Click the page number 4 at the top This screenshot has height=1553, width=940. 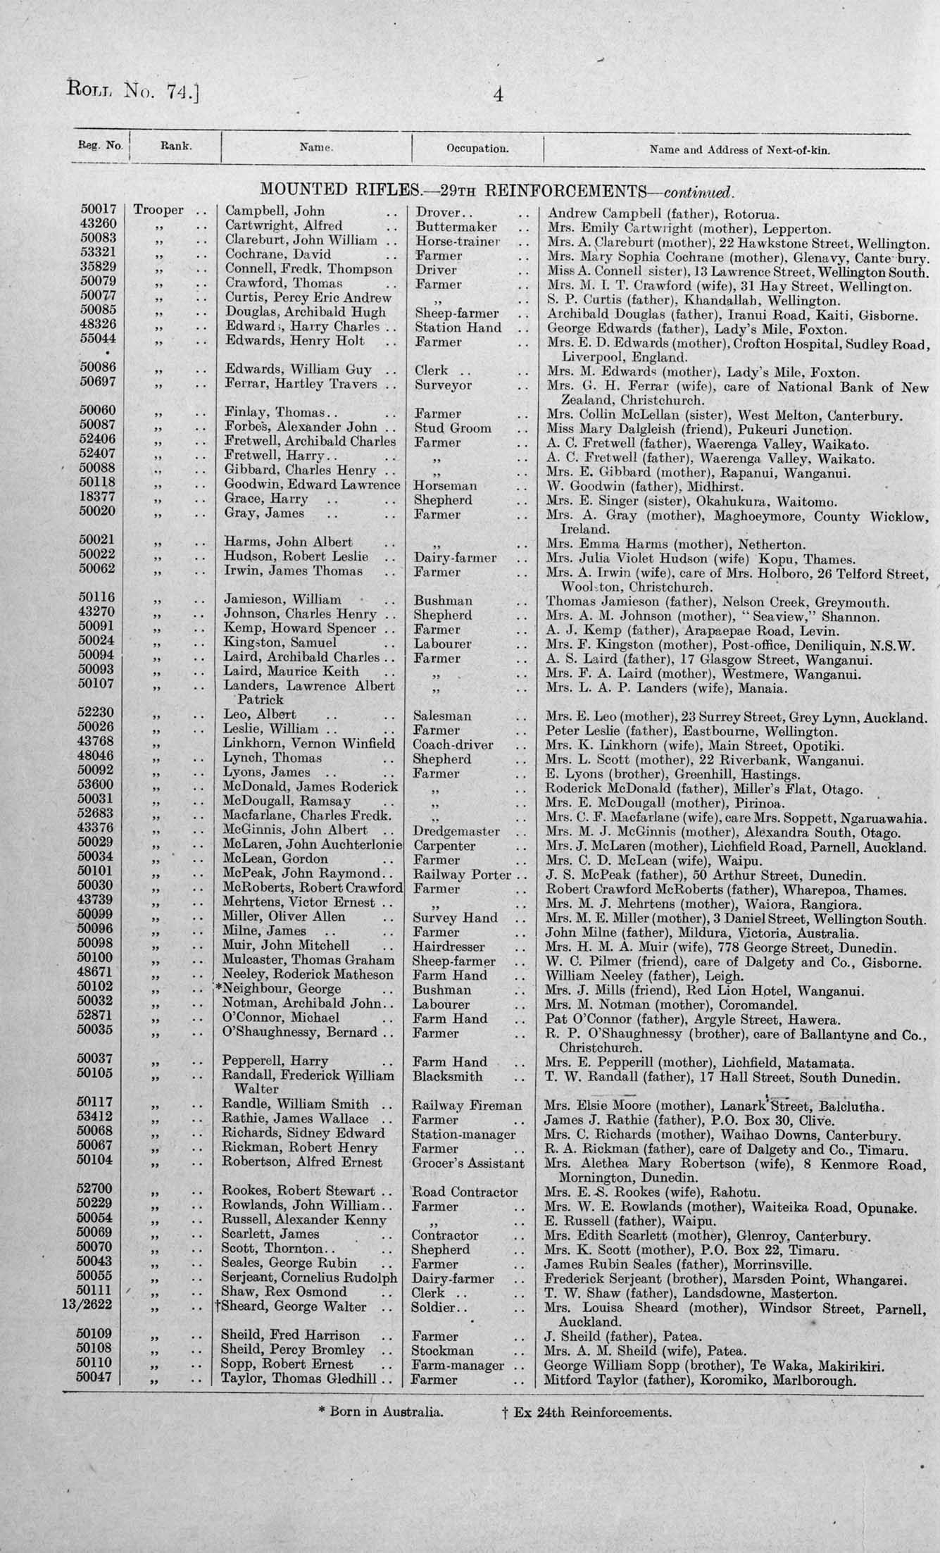click(498, 94)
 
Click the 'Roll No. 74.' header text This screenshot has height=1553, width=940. click(133, 90)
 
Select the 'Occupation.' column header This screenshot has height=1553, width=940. click(477, 149)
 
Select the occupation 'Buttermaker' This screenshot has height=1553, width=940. click(456, 226)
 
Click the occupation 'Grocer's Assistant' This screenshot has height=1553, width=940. click(468, 1163)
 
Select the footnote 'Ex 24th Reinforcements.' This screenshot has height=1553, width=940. click(584, 1411)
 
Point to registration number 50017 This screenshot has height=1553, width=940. click(98, 210)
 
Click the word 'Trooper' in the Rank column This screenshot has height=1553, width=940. click(158, 211)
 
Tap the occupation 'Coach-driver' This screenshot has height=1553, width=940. click(453, 744)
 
